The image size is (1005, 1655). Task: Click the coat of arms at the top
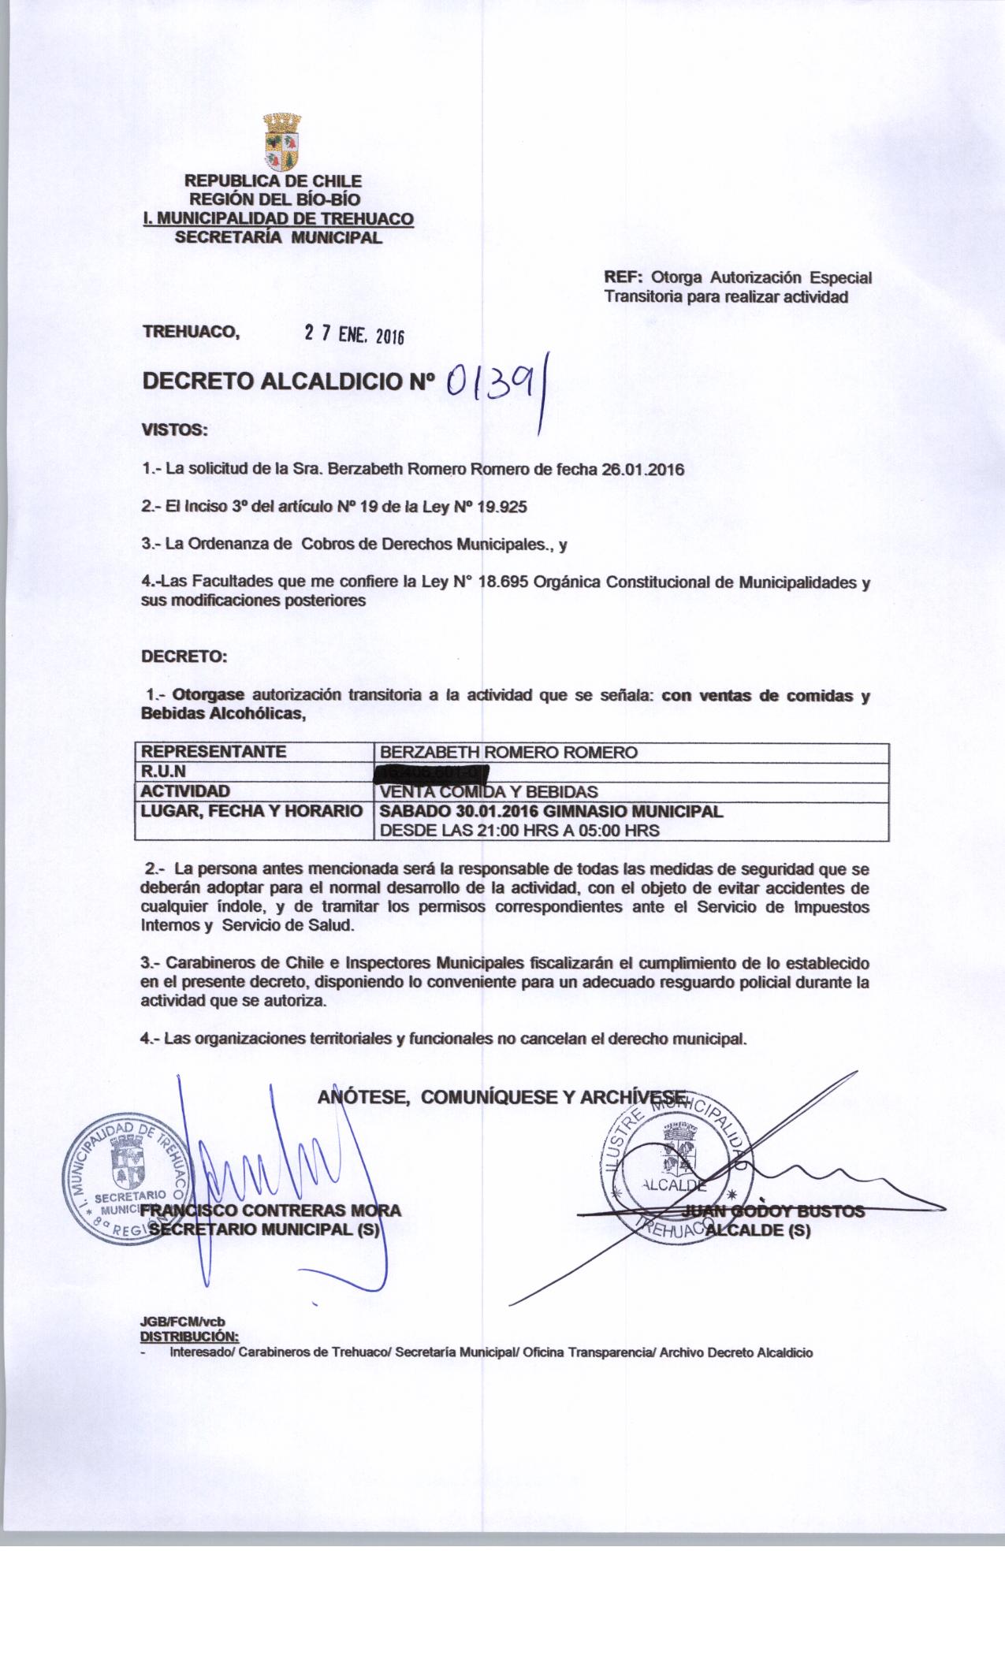tap(281, 143)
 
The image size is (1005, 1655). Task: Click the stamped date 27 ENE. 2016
tap(354, 334)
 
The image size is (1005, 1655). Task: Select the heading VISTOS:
tap(173, 430)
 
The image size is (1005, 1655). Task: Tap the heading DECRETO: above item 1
tap(184, 656)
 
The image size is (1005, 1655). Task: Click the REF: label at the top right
tap(624, 277)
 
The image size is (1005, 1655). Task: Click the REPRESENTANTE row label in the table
tap(213, 752)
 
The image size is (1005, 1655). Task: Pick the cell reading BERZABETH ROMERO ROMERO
tap(508, 753)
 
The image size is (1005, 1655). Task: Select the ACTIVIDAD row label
tap(185, 790)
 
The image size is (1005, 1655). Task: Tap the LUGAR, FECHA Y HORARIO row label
tap(251, 811)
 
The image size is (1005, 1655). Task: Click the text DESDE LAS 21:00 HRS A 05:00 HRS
tap(519, 831)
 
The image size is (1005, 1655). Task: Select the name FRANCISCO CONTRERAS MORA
tap(272, 1211)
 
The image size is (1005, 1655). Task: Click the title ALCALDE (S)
tap(758, 1231)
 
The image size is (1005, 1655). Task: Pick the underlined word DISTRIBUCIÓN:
tap(189, 1337)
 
